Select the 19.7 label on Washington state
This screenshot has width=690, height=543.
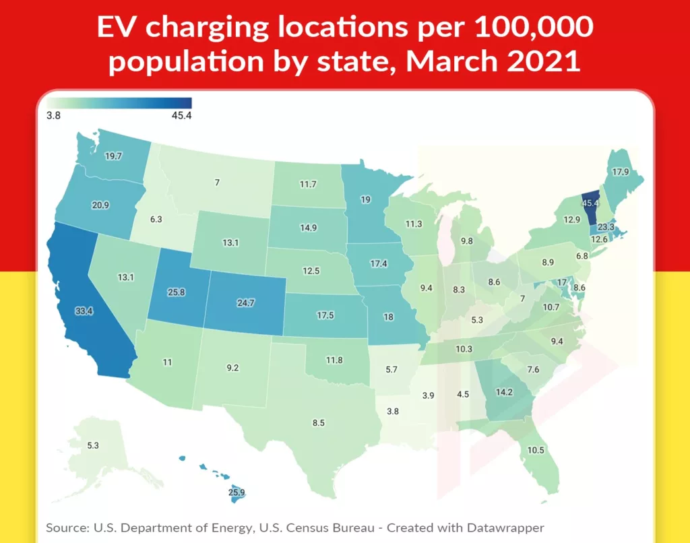click(113, 156)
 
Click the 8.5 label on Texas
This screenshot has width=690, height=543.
click(318, 422)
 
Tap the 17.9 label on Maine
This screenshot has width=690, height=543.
click(621, 171)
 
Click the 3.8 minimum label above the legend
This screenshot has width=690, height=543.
click(54, 115)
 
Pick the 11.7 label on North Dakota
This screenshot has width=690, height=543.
click(307, 183)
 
